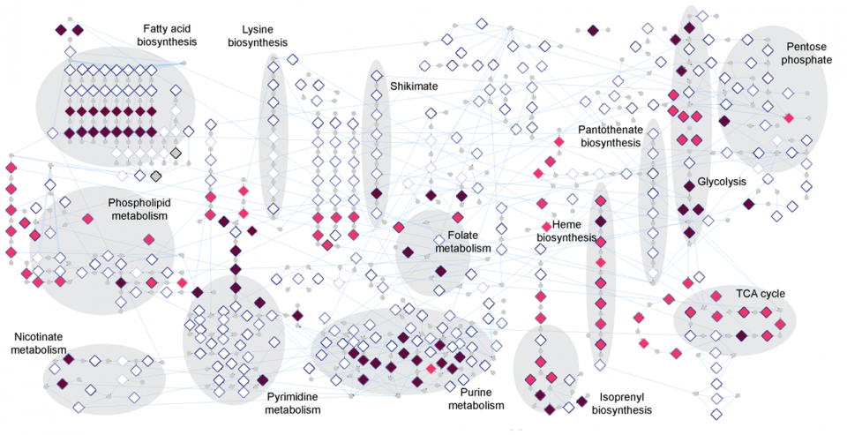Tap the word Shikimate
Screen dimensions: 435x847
(x=414, y=86)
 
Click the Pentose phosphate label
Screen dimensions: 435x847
(x=808, y=52)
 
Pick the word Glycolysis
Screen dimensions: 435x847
(x=722, y=182)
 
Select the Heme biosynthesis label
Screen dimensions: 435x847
(x=566, y=232)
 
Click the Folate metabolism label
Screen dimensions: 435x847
(x=462, y=242)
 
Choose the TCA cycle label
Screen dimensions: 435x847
(x=761, y=294)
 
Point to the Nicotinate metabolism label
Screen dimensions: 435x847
(x=39, y=343)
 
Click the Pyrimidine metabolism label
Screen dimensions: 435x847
(x=293, y=403)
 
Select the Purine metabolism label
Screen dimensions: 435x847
(x=476, y=399)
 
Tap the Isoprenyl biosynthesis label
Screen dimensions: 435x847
(x=621, y=403)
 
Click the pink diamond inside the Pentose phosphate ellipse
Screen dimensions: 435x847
(x=789, y=117)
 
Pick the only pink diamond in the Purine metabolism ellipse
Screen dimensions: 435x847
(x=431, y=368)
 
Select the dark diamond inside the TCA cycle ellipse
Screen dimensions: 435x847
(x=742, y=334)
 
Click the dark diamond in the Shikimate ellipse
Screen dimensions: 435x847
(x=376, y=193)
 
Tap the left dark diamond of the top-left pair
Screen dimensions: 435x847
(x=60, y=30)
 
